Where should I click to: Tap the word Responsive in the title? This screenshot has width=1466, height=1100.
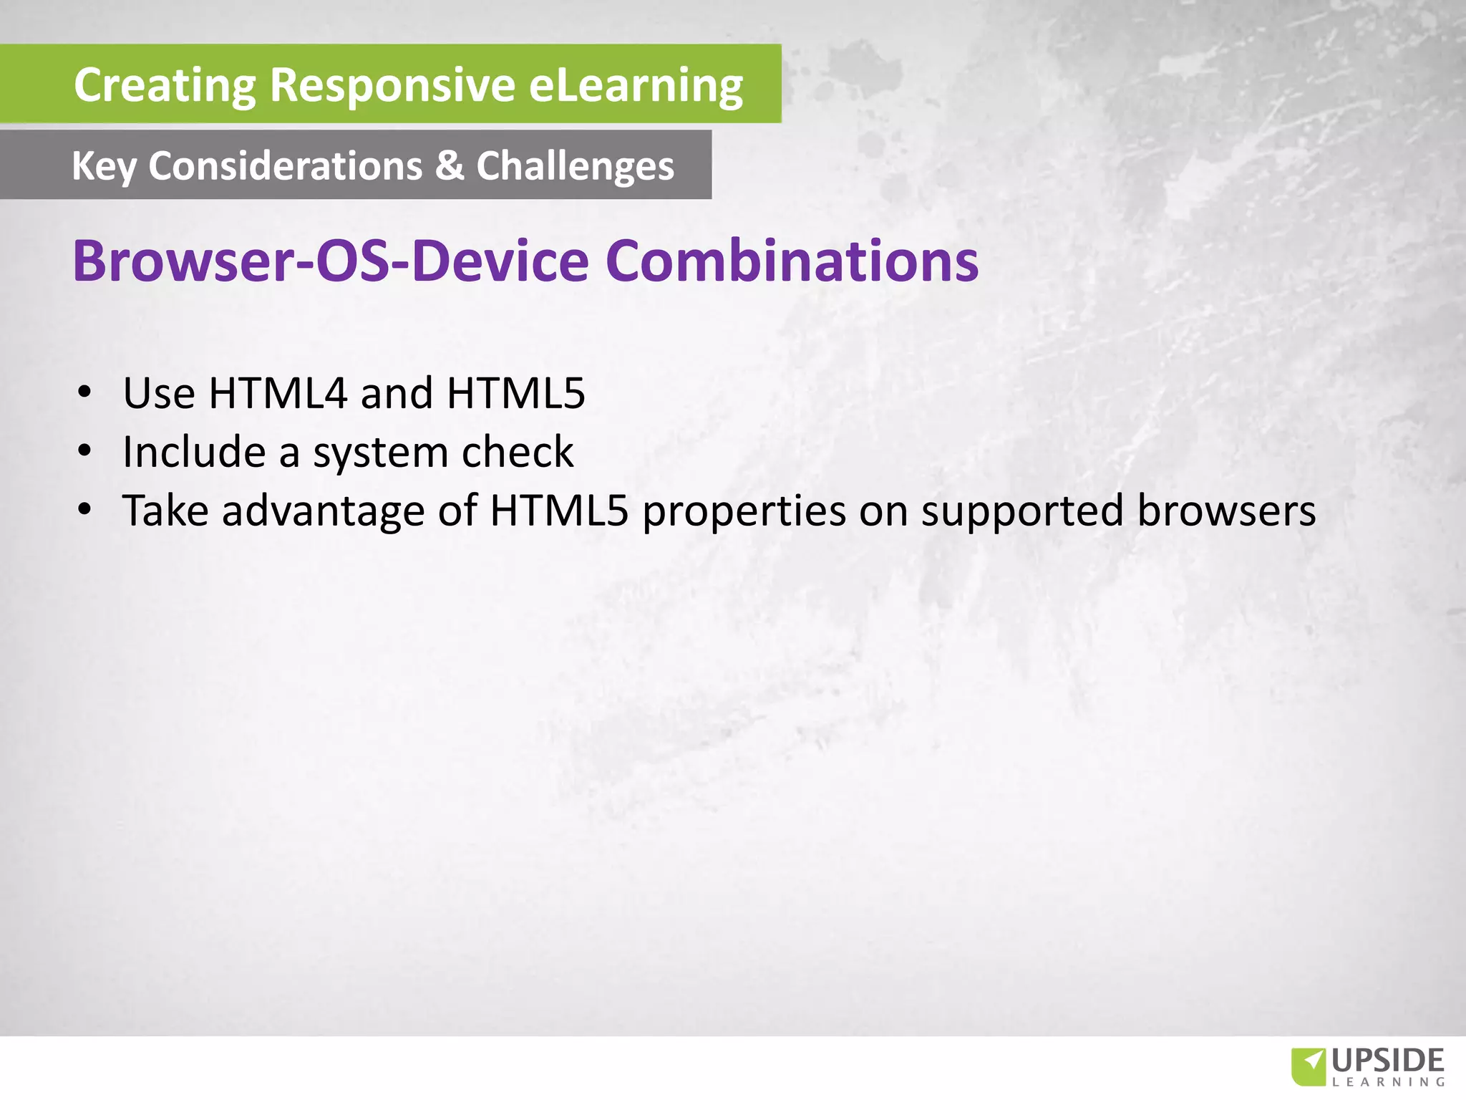point(392,85)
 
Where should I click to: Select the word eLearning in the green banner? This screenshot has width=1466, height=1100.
point(636,85)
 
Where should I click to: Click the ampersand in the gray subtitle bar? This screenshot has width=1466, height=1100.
point(450,165)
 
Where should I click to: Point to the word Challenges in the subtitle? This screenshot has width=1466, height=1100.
point(575,167)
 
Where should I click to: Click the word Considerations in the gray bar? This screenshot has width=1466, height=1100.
point(285,165)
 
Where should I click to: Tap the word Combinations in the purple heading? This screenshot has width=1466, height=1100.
point(792,261)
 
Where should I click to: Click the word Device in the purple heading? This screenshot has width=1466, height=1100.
point(500,261)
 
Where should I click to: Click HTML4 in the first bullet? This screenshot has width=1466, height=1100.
point(278,393)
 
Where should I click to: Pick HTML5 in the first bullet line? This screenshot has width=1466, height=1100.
point(515,393)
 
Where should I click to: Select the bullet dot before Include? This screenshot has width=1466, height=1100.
point(85,451)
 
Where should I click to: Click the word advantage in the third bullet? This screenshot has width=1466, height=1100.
point(324,512)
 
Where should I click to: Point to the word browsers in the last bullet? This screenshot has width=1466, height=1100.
point(1226,511)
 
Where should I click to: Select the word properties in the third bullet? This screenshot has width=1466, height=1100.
point(744,512)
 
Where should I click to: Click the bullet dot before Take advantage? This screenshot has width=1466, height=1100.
point(85,510)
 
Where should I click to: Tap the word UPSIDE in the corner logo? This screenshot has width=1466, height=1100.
point(1388,1060)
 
